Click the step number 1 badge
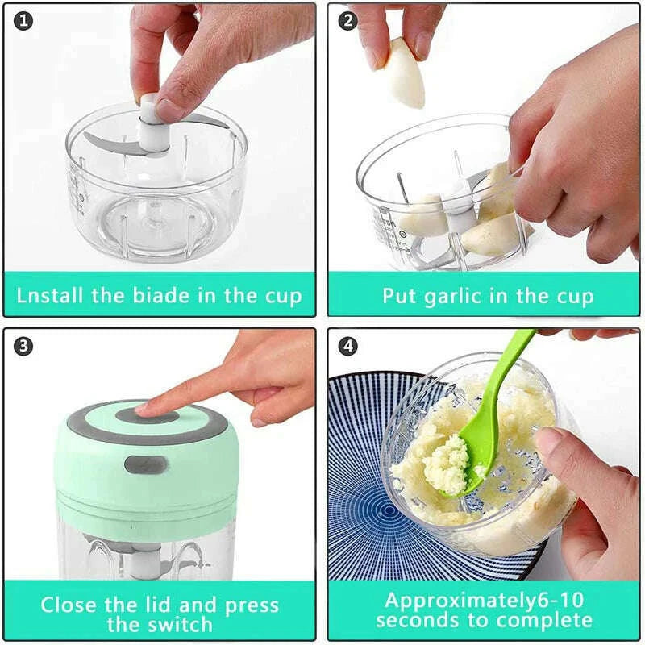pyautogui.click(x=24, y=22)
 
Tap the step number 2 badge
pyautogui.click(x=347, y=22)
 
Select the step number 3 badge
pyautogui.click(x=24, y=346)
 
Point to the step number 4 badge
pyautogui.click(x=347, y=346)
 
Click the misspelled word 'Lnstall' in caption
pyautogui.click(x=50, y=295)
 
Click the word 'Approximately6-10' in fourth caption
pyautogui.click(x=484, y=601)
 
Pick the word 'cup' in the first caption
pyautogui.click(x=282, y=295)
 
